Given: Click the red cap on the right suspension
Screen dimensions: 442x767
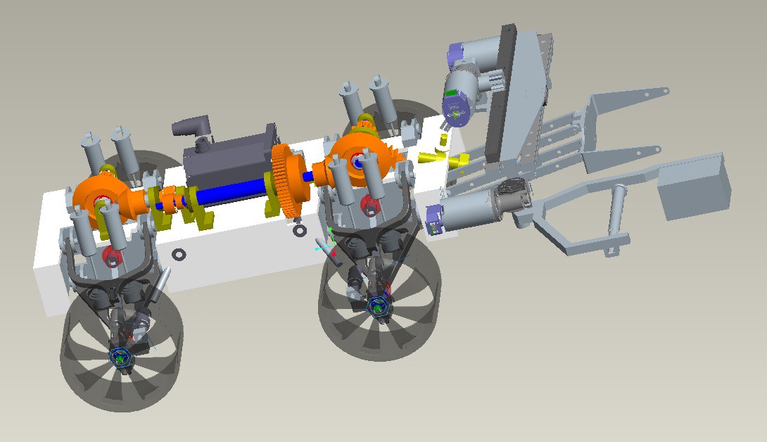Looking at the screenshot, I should coord(368,205).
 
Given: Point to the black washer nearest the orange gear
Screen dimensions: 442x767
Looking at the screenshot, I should coord(299,230).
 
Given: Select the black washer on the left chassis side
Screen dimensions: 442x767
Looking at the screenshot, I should coord(179,254).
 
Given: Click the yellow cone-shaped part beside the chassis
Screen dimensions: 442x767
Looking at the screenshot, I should coord(457,160).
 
